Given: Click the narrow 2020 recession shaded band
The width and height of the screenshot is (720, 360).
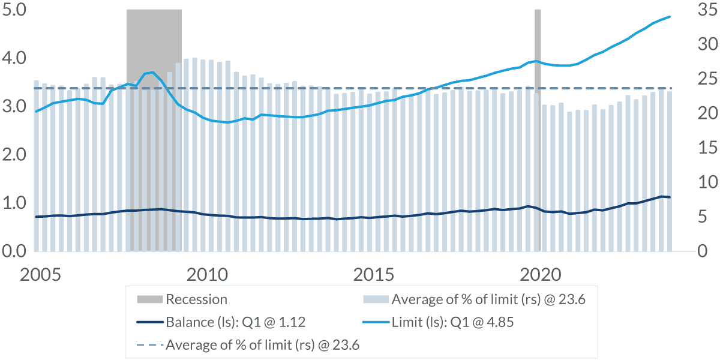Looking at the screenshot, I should (538, 120).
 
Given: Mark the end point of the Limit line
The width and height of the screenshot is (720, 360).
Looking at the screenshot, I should (670, 17).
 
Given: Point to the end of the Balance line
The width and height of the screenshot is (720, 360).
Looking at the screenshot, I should (670, 197).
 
